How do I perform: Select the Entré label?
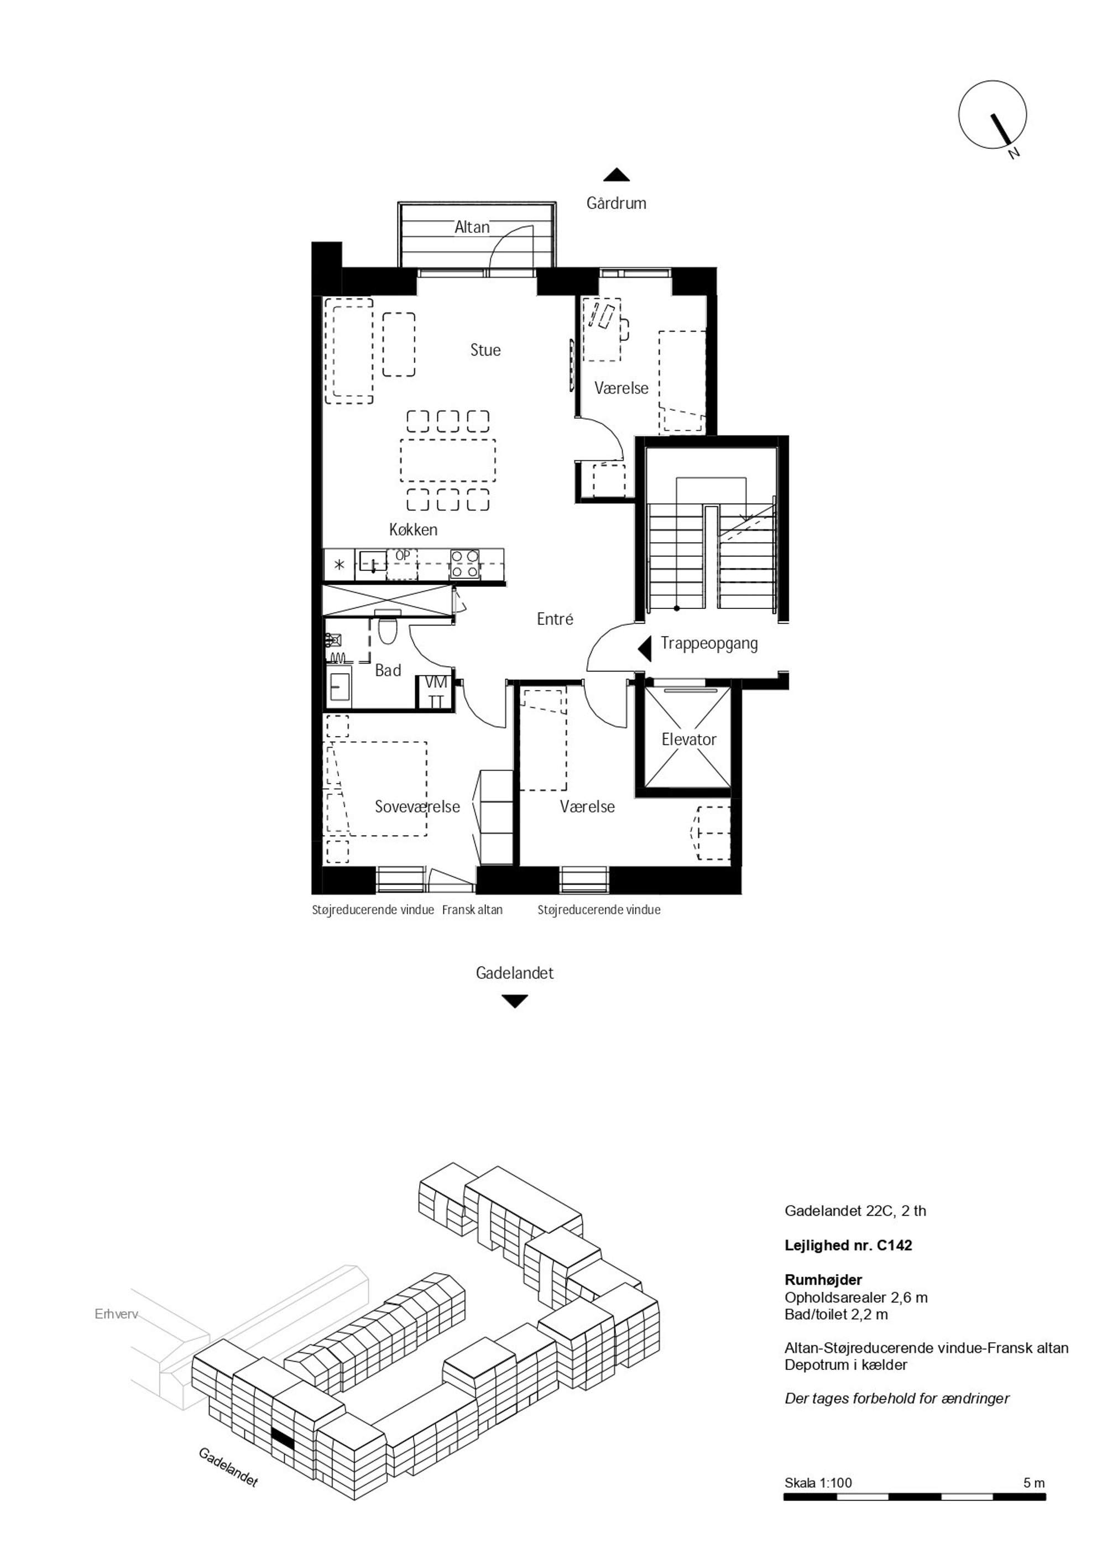pos(555,618)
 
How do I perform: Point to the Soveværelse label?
pos(417,806)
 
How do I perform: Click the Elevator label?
pos(688,739)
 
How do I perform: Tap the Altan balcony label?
pos(472,227)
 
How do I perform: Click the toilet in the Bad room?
pos(388,628)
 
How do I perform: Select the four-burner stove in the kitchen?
pos(466,564)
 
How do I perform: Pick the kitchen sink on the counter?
pos(372,561)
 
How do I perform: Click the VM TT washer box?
pos(436,692)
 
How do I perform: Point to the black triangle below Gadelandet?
pos(515,1001)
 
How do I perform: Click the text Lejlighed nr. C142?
pos(848,1245)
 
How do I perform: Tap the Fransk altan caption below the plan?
pos(472,910)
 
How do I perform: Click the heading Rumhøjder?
pos(823,1280)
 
